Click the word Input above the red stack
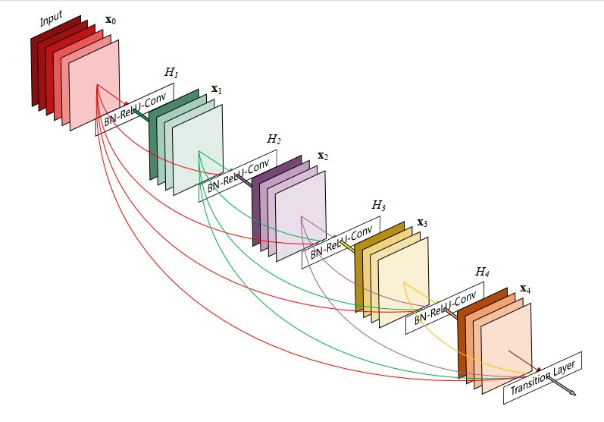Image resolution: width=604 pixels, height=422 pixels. [52, 19]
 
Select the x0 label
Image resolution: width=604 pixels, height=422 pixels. [110, 20]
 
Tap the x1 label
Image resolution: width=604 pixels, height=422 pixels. [216, 90]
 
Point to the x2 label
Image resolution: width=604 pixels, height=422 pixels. [322, 156]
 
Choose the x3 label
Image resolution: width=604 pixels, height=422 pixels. [422, 224]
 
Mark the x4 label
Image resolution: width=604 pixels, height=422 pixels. [525, 290]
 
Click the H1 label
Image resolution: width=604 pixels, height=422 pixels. [171, 72]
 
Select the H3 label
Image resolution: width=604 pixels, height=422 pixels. [378, 205]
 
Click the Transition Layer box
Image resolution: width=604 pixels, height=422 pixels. [543, 377]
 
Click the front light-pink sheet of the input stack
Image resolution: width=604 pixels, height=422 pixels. [94, 83]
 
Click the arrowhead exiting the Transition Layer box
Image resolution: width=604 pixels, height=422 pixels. [572, 393]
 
